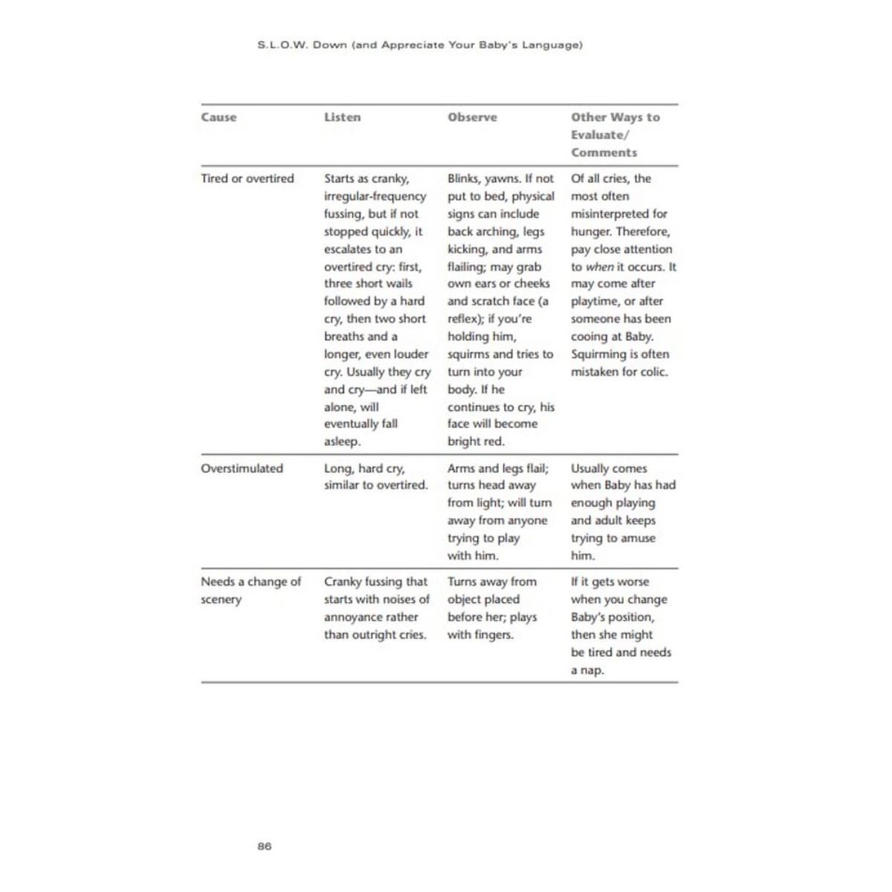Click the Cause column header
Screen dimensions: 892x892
point(219,117)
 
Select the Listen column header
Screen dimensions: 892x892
point(342,117)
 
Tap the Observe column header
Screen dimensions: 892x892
point(472,117)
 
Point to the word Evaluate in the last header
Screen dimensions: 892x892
point(598,135)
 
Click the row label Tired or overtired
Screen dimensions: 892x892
point(247,178)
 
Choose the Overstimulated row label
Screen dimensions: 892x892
point(242,468)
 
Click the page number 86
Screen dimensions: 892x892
point(265,846)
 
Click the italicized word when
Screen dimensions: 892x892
point(599,267)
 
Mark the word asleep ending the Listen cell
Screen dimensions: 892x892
point(342,442)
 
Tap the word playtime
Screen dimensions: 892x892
point(595,302)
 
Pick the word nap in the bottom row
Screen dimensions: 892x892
point(592,670)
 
